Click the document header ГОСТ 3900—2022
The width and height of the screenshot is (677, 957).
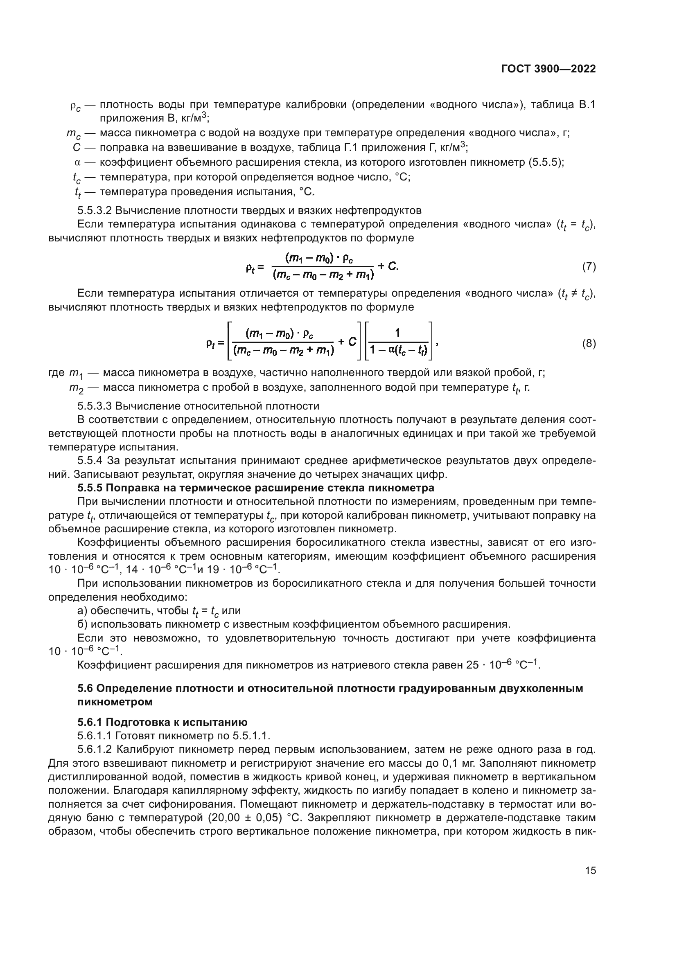548,69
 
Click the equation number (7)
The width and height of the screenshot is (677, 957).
589,266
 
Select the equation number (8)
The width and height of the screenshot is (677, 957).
589,343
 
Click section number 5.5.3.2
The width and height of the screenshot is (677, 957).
94,210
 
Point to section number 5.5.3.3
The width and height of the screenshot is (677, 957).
94,405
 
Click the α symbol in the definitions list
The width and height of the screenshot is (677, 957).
76,162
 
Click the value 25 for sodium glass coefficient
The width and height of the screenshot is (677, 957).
472,665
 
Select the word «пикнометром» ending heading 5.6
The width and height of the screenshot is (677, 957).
115,702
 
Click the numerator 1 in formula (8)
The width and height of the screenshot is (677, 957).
397,332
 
